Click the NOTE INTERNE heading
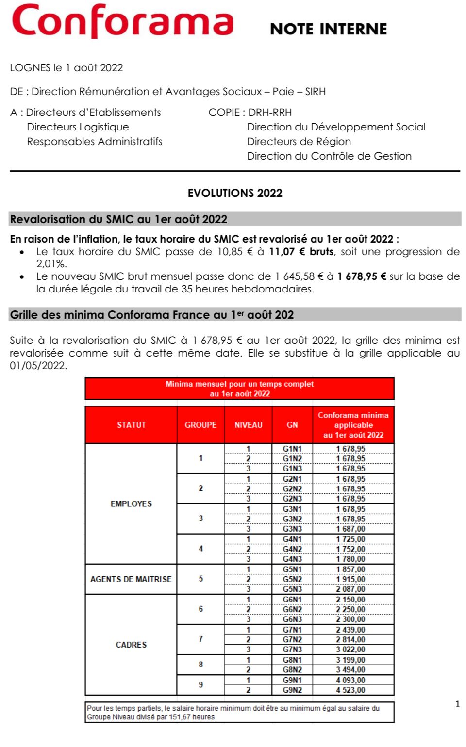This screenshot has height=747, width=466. pyautogui.click(x=328, y=29)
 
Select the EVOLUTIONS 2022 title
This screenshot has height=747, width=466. pyautogui.click(x=235, y=193)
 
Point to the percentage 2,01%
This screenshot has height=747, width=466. pyautogui.click(x=51, y=264)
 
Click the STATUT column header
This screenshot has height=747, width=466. pyautogui.click(x=131, y=425)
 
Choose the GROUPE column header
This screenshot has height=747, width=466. pyautogui.click(x=200, y=425)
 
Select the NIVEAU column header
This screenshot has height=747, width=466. pyautogui.click(x=248, y=425)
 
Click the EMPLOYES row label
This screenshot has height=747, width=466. pyautogui.click(x=131, y=504)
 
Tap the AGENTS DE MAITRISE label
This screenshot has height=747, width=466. pyautogui.click(x=131, y=579)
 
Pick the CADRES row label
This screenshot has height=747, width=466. pyautogui.click(x=131, y=645)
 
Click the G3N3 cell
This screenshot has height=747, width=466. pyautogui.click(x=292, y=529)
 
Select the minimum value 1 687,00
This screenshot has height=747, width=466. pyautogui.click(x=350, y=529)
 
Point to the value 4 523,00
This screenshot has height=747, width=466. pyautogui.click(x=350, y=690)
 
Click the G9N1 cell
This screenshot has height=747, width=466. pyautogui.click(x=292, y=680)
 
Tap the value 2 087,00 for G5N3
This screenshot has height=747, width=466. pyautogui.click(x=350, y=589)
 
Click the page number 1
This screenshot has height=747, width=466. pyautogui.click(x=457, y=704)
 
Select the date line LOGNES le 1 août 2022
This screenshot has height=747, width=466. pyautogui.click(x=67, y=68)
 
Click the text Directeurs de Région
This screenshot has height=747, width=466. pyautogui.click(x=299, y=142)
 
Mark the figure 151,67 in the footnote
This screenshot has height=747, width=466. pyautogui.click(x=181, y=717)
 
